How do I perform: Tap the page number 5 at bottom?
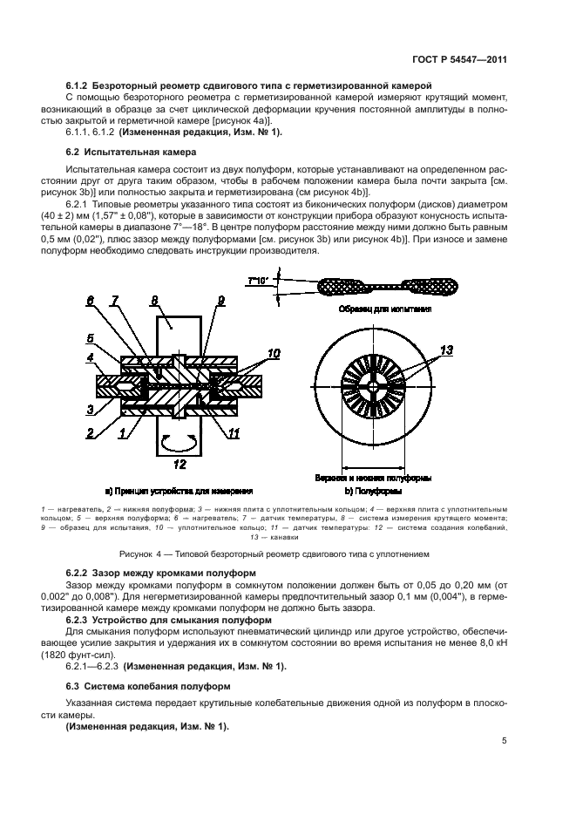coord(504,741)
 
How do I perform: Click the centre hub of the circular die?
coord(373,386)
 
